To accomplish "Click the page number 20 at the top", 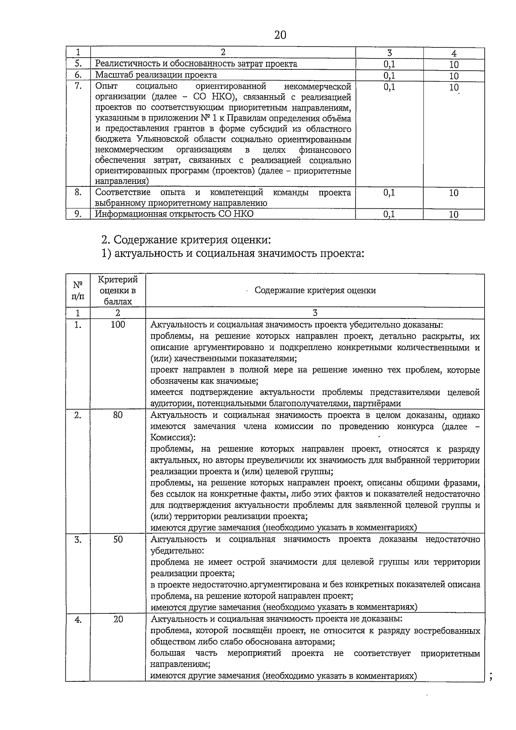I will [280, 35].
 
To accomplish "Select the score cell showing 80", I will [118, 415].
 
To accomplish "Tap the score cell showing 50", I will [118, 539].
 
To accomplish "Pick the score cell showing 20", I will [118, 619].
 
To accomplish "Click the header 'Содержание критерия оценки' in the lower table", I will [315, 291].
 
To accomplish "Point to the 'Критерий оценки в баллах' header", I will [118, 291].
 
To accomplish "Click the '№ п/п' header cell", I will [78, 291].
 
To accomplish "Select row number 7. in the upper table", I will [78, 86].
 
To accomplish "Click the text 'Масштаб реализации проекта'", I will [156, 75].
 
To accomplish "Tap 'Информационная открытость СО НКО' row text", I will [174, 214].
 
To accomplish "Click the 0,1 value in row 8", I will [389, 193].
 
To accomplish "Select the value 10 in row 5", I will [454, 65].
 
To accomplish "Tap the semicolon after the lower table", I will [491, 677].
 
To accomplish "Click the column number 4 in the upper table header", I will [454, 53].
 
